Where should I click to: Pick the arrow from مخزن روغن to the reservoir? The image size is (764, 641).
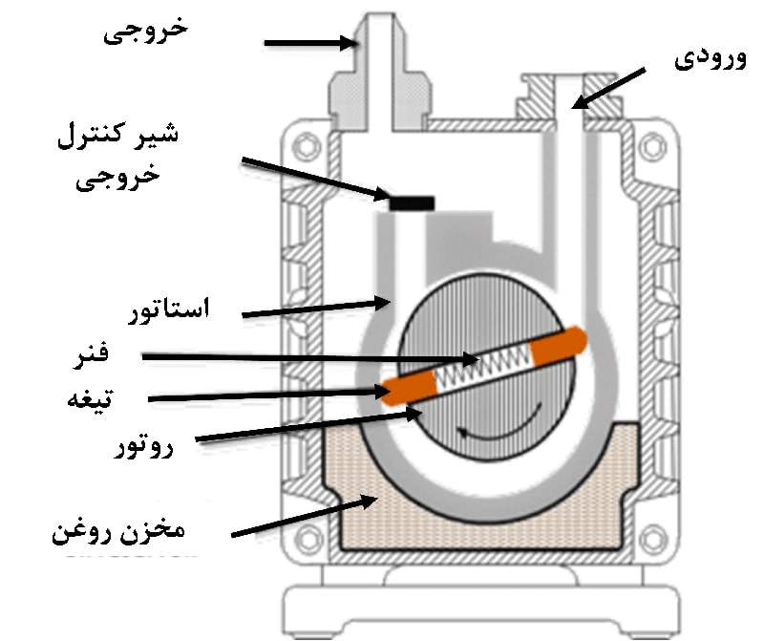coord(306,515)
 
